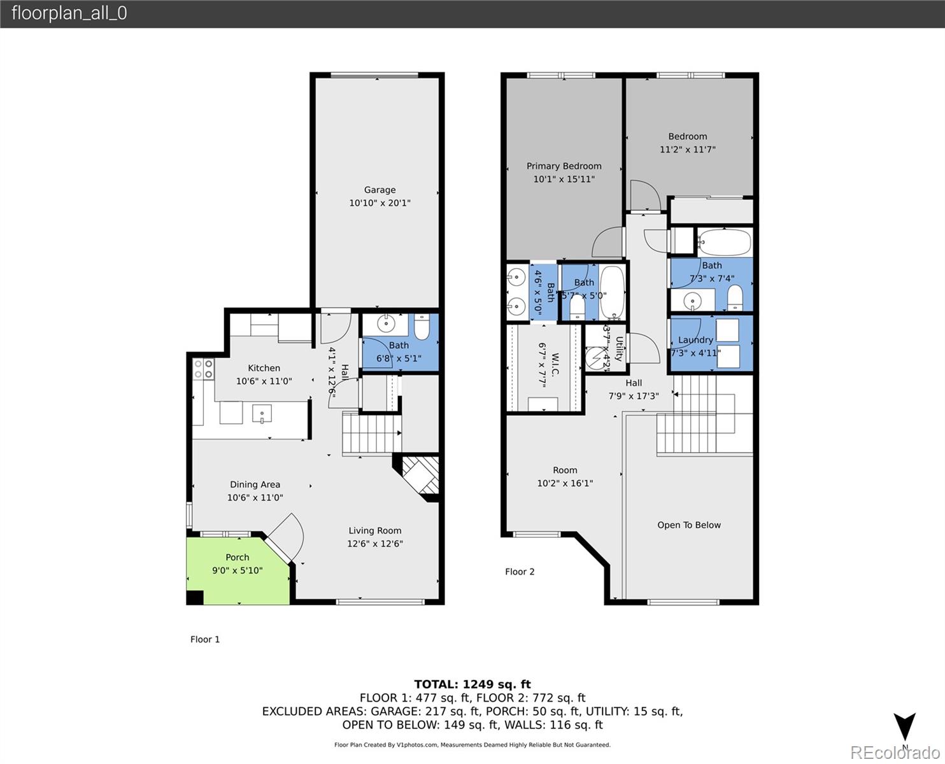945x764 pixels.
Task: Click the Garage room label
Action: [380, 190]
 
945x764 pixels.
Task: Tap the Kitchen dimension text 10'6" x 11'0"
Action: [264, 381]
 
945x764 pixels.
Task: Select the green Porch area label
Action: [237, 557]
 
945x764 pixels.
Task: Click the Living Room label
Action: [374, 530]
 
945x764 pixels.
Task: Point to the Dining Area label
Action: [255, 485]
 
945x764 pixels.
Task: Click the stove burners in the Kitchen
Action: [204, 369]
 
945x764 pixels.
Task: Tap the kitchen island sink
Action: [262, 414]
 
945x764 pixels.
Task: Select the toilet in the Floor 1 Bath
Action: [422, 327]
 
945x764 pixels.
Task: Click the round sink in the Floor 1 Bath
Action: [387, 323]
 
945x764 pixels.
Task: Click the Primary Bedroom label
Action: [564, 166]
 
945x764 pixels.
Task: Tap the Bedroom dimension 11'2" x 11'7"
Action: [687, 150]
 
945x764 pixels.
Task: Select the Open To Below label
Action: [689, 525]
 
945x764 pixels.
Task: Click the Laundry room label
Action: [695, 340]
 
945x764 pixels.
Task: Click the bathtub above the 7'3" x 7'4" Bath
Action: [725, 242]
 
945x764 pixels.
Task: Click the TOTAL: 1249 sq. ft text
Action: [472, 684]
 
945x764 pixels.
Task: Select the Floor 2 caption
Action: [520, 572]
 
